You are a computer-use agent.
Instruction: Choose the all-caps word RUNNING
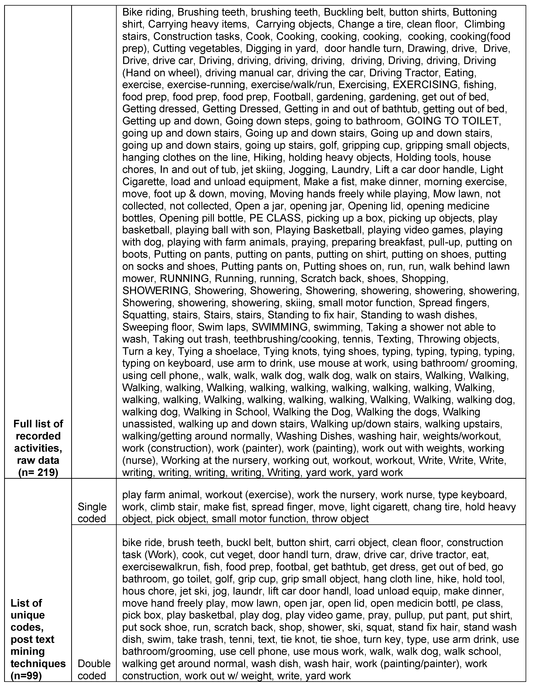[x=184, y=279]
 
